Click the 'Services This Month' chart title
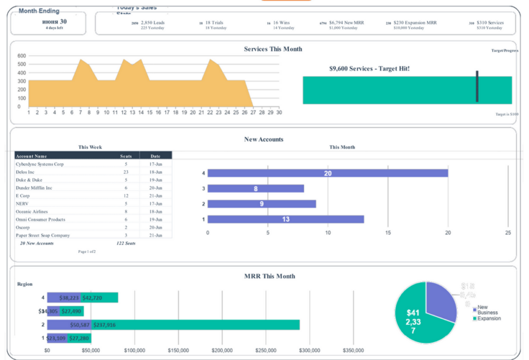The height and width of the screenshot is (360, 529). tap(273, 49)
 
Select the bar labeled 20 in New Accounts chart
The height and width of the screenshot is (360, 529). tap(327, 174)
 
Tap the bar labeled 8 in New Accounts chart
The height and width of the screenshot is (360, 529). tap(256, 189)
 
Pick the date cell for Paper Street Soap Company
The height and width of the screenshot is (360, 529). tap(156, 235)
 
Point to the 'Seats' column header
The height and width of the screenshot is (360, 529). tap(126, 156)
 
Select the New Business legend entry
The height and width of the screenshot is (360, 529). tap(487, 310)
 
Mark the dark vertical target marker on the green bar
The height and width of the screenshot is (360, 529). tap(477, 86)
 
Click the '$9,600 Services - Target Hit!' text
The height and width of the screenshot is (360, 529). tap(369, 69)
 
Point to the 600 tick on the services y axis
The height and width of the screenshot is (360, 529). tap(22, 56)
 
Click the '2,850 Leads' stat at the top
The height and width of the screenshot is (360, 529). tap(152, 23)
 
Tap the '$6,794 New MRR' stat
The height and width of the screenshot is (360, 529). tap(346, 23)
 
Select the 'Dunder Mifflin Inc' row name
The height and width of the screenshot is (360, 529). tap(34, 188)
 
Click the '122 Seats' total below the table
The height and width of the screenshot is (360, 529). tap(126, 243)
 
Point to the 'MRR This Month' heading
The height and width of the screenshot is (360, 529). tap(269, 276)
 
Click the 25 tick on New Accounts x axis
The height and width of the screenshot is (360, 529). tap(508, 232)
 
